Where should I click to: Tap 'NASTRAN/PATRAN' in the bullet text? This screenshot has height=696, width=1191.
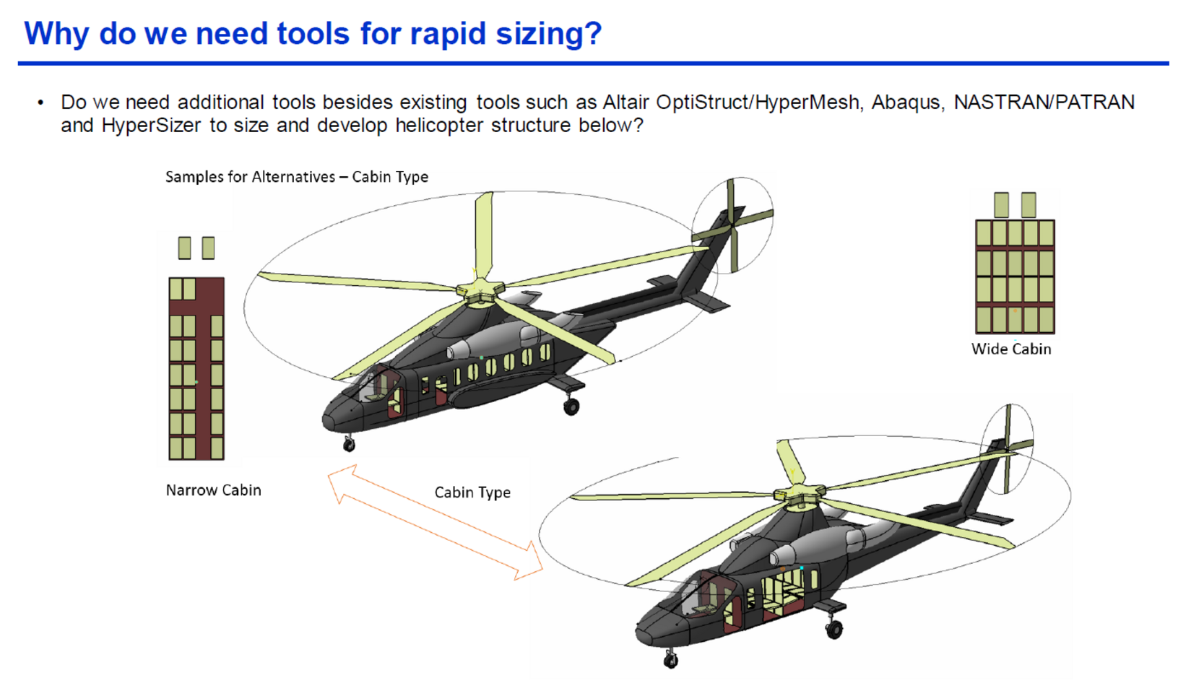click(x=1044, y=102)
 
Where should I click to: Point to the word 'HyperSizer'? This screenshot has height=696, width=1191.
click(x=152, y=126)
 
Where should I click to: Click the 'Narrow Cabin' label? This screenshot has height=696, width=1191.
click(x=214, y=490)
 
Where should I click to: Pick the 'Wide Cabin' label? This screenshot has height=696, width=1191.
click(x=1011, y=349)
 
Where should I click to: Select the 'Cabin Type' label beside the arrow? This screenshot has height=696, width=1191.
click(x=472, y=492)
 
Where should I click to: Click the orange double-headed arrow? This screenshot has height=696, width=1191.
click(x=436, y=522)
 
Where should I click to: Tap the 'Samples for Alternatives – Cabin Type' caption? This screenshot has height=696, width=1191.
click(x=297, y=176)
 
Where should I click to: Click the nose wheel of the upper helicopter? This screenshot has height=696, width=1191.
click(x=349, y=445)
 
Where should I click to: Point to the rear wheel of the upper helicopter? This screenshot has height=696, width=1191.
click(x=571, y=406)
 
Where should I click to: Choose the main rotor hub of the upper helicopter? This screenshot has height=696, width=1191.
click(x=480, y=292)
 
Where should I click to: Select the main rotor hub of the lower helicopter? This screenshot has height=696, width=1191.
click(x=799, y=495)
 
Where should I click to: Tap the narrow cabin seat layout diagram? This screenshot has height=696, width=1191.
click(x=196, y=348)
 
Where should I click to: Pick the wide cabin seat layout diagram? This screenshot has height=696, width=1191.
click(x=1015, y=263)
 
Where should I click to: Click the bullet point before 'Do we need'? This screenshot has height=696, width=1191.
click(x=40, y=103)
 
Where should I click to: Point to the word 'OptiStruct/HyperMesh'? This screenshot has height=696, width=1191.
click(x=757, y=102)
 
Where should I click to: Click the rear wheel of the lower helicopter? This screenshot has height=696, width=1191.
click(x=834, y=630)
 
